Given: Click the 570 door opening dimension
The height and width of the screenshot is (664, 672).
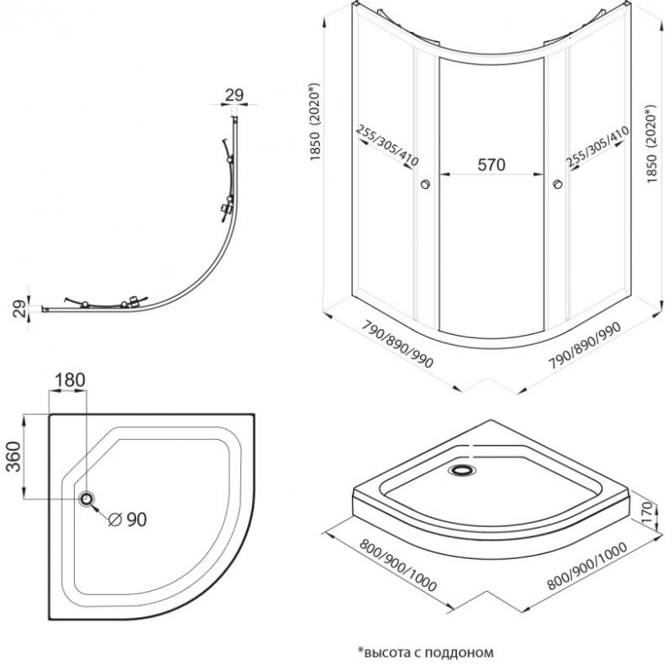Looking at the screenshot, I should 491,165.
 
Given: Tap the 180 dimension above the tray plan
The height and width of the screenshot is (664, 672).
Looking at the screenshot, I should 69,379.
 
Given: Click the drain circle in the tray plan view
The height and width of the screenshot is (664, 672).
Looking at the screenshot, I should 88,499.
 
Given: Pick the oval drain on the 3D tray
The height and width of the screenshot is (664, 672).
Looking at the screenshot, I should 463,471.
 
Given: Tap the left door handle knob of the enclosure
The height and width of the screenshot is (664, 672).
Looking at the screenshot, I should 425,185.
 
